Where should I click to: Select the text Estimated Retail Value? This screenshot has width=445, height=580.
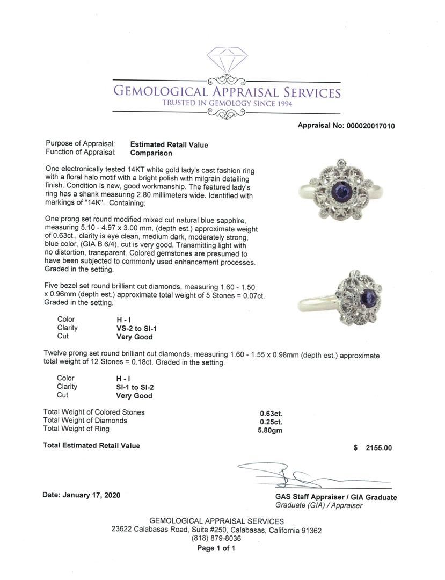click(169, 144)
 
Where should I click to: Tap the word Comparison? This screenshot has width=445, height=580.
click(151, 153)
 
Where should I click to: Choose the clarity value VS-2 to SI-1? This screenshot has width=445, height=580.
click(139, 328)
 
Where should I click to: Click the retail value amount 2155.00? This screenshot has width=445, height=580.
click(378, 448)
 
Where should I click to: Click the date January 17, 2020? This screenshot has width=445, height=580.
click(81, 495)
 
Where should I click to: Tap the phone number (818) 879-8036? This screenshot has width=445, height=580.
click(216, 539)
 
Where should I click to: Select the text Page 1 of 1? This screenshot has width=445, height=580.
click(216, 548)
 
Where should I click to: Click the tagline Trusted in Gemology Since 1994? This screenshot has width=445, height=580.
click(228, 104)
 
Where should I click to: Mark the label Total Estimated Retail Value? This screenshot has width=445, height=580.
click(91, 446)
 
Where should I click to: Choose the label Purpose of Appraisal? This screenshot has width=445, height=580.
click(81, 144)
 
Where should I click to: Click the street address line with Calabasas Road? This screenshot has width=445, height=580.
click(216, 530)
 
